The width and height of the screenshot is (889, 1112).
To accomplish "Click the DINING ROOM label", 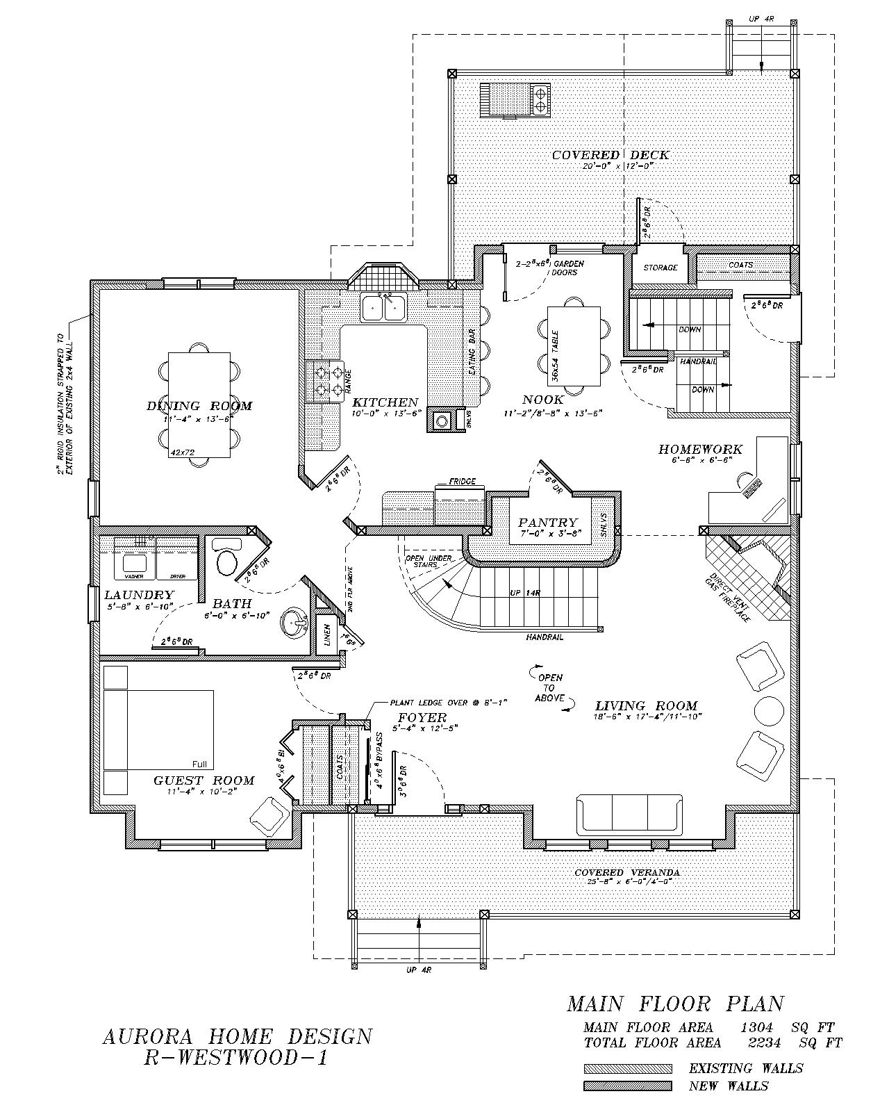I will (x=199, y=406).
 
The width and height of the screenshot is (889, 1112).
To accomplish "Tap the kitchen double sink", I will (x=383, y=307).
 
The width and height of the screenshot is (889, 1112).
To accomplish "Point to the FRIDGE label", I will (x=462, y=481).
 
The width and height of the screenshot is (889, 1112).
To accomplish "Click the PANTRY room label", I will (x=547, y=523).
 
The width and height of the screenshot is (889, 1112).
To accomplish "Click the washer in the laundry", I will (x=134, y=564).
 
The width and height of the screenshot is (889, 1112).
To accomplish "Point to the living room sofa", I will (x=629, y=815).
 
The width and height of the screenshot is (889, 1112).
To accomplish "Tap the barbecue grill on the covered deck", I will (x=515, y=99).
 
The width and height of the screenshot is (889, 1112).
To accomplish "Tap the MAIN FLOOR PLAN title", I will (x=675, y=1004).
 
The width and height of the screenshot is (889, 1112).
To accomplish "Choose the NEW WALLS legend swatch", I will (x=627, y=1086).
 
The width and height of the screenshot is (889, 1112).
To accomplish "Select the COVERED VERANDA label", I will (x=626, y=872).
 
